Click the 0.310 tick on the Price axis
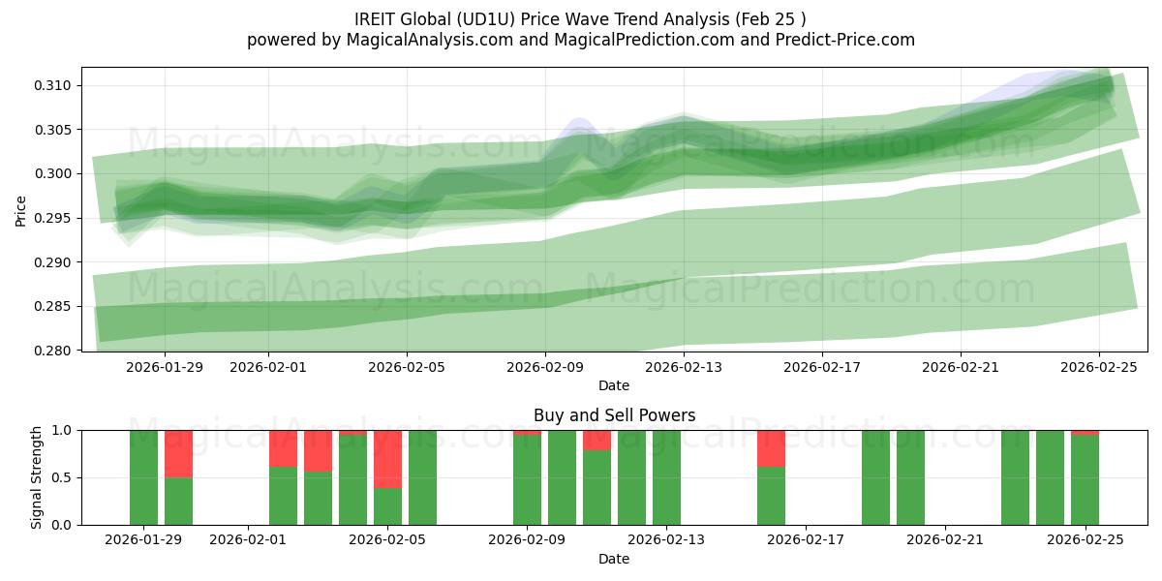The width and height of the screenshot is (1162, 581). point(54,86)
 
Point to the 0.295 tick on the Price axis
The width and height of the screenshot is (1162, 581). point(54,218)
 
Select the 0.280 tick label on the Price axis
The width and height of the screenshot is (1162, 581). point(54,351)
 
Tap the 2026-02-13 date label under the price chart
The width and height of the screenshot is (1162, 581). point(684,367)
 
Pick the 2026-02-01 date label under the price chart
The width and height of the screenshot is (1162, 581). point(268,367)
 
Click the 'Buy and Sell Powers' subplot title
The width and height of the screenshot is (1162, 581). point(614,415)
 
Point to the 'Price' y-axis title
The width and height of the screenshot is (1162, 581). point(22,209)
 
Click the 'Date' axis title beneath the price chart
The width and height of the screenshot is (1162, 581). point(614,385)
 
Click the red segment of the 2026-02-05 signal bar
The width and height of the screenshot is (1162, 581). point(387,459)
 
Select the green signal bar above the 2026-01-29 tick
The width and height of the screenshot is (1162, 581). point(143,477)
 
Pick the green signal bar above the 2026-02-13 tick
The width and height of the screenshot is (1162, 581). point(666,477)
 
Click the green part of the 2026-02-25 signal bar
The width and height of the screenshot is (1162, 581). point(1085,480)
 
